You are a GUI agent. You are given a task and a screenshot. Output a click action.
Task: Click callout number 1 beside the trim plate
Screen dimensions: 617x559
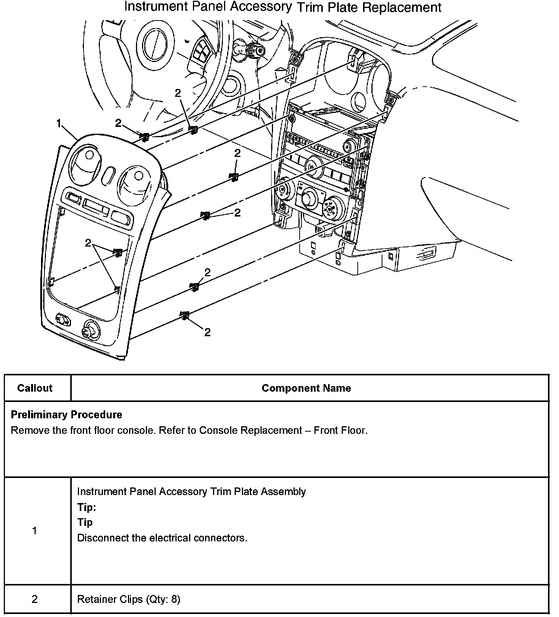pyautogui.click(x=59, y=124)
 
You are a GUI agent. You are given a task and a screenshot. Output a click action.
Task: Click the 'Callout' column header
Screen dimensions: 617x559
pyautogui.click(x=35, y=388)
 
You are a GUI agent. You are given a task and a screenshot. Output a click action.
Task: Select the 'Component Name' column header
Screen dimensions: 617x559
pyautogui.click(x=306, y=388)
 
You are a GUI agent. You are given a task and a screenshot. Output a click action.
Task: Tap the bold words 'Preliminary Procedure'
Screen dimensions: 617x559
pyautogui.click(x=66, y=414)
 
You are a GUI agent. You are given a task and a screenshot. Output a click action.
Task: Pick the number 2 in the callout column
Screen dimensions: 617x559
pyautogui.click(x=35, y=599)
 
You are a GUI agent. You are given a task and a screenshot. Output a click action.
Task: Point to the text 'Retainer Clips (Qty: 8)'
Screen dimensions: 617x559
pyautogui.click(x=128, y=599)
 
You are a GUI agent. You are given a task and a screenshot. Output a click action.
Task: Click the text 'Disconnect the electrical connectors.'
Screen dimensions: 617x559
pyautogui.click(x=162, y=538)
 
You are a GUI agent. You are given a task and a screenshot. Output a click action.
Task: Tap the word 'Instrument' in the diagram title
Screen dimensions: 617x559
pyautogui.click(x=156, y=7)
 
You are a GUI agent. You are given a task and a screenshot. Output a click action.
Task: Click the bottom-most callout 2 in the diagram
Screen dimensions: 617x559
pyautogui.click(x=207, y=332)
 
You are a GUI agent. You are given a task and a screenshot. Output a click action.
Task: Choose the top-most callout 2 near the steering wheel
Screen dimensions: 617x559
pyautogui.click(x=178, y=93)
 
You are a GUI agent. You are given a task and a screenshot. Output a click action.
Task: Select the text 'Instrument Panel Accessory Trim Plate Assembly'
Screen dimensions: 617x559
pyautogui.click(x=191, y=492)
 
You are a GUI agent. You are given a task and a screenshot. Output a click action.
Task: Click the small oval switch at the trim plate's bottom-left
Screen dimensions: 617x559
pyautogui.click(x=63, y=320)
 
